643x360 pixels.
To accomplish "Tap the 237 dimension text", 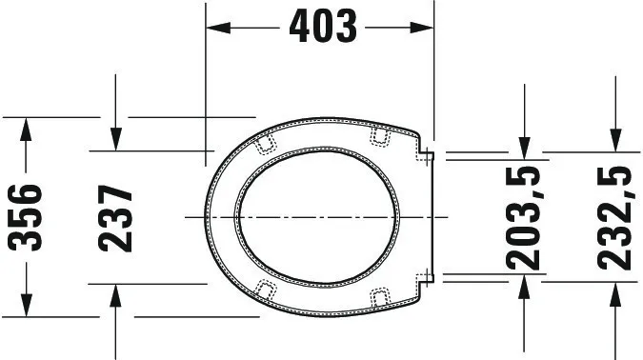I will click(116, 217).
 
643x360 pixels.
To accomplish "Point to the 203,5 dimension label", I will click(523, 217).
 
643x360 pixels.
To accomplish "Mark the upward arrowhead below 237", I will click(116, 295).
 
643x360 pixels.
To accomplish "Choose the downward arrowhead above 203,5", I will click(523, 145).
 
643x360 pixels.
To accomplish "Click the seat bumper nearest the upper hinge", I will click(382, 137).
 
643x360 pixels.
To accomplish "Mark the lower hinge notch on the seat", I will click(427, 279).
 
